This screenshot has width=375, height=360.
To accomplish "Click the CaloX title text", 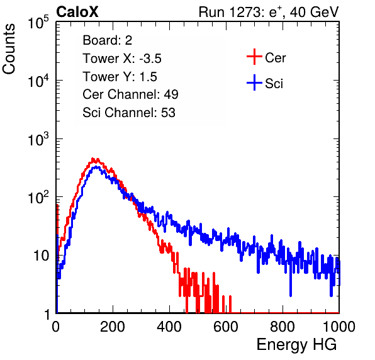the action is click(77, 12).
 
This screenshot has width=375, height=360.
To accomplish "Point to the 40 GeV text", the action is click(314, 12).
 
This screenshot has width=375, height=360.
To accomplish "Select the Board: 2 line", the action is click(107, 40).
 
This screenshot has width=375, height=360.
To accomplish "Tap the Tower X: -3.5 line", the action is click(122, 59).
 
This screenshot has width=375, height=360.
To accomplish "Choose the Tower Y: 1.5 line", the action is click(120, 77).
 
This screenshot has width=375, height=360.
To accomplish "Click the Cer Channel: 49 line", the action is click(130, 94).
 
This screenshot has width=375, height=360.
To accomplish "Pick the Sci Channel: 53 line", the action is click(129, 113).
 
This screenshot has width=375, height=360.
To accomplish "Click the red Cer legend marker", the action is click(254, 57).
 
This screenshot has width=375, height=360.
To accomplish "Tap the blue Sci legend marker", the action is click(254, 82).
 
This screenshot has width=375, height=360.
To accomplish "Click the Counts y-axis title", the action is click(9, 49).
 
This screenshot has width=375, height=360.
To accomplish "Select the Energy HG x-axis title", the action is click(296, 345).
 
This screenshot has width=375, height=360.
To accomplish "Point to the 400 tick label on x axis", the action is click(169, 327).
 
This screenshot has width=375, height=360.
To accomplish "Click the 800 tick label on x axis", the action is click(283, 327).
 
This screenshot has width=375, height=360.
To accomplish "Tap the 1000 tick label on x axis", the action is click(339, 327).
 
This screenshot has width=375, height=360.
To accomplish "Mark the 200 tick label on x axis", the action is click(113, 327).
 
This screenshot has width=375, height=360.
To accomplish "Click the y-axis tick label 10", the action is click(42, 256).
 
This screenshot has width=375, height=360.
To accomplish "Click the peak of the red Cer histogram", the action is click(93, 159).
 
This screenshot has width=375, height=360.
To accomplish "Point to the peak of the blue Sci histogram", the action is click(96, 167).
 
